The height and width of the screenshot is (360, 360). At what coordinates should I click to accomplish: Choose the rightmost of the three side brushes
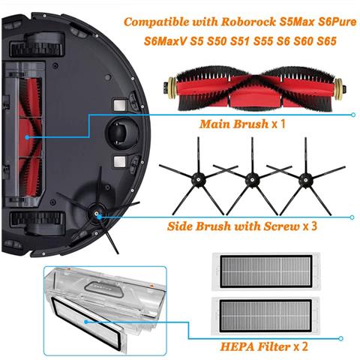pos(304,178)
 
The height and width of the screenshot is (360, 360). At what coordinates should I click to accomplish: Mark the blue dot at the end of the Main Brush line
pos(353,115)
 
